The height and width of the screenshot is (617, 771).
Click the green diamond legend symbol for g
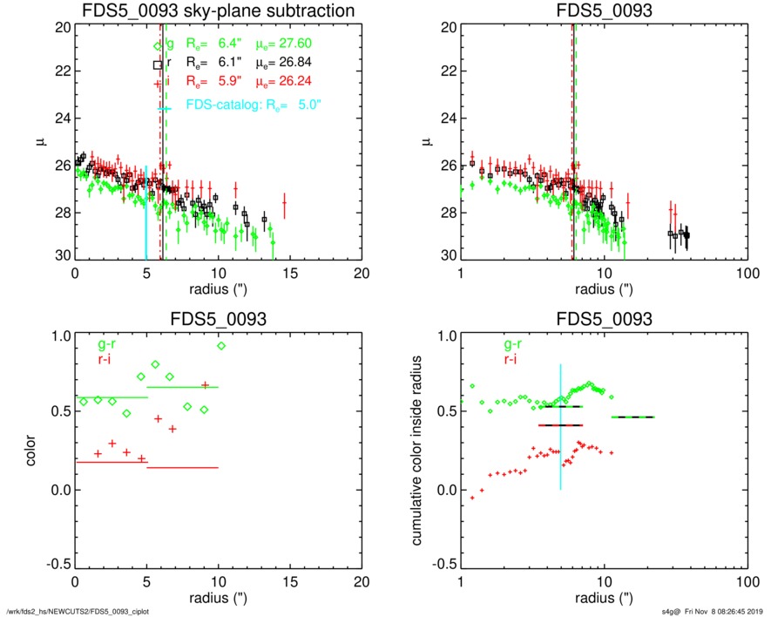[x=158, y=44]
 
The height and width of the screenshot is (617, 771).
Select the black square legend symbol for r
[x=158, y=64]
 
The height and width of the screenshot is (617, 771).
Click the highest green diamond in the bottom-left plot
[x=221, y=346]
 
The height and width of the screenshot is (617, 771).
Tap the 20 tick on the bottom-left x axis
[x=362, y=583]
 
